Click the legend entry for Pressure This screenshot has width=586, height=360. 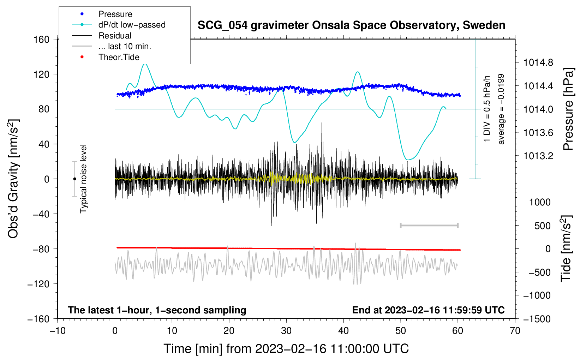coord(115,14)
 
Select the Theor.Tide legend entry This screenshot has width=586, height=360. coord(119,57)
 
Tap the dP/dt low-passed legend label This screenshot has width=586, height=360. coord(132,25)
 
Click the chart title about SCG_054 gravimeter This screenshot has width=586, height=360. coord(351,25)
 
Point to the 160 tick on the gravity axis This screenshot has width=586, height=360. coord(42,40)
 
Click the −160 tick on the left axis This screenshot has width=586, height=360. coord(38,319)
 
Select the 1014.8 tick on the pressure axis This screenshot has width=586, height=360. coord(538,63)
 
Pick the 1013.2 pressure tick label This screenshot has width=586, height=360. coord(538,156)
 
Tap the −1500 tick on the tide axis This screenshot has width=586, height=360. coord(537,319)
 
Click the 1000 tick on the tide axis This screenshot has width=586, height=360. coord(540,202)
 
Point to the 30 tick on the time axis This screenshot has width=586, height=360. coord(286,331)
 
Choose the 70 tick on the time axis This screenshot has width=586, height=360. coord(515,331)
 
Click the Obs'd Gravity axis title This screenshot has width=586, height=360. coord(13,179)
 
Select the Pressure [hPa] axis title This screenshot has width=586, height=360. coord(568,109)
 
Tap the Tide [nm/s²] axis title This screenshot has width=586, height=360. coord(566,249)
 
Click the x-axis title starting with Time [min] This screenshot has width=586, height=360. coord(286,349)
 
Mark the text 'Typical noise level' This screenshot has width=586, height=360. coord(83,179)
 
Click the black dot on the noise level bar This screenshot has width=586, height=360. coord(74,179)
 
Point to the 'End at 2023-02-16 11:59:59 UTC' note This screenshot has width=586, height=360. coord(428,310)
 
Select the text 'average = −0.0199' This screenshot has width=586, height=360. coord(501,109)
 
